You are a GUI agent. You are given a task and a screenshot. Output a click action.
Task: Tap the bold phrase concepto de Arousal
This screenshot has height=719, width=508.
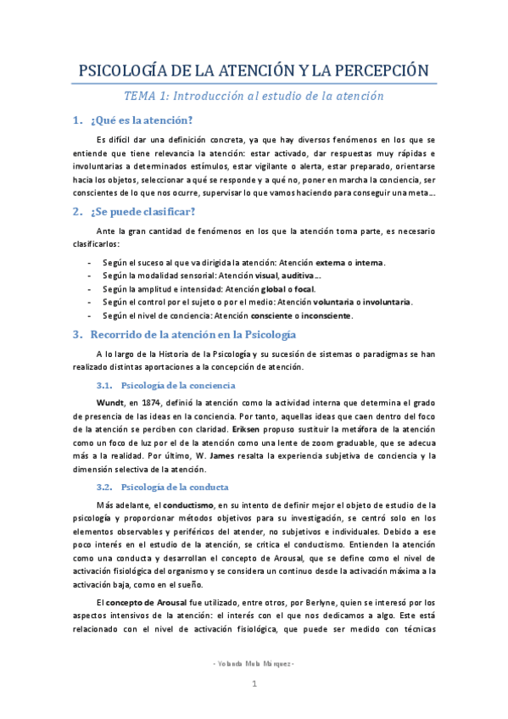pos(147,601)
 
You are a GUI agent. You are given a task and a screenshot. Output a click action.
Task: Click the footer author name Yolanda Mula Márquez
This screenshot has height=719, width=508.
pos(254,685)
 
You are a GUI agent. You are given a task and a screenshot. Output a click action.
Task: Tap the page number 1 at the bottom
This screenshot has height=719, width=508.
pos(254,707)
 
